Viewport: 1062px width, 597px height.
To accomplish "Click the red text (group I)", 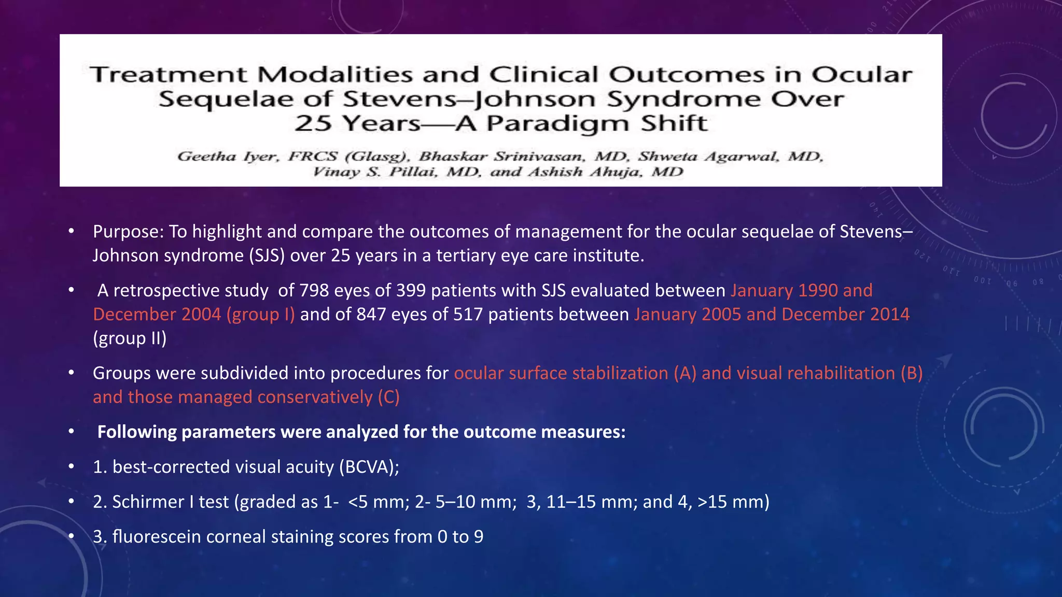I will [x=260, y=315].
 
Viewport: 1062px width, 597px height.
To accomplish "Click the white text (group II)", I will [x=130, y=338].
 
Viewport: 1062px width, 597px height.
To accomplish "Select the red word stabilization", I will [x=620, y=373].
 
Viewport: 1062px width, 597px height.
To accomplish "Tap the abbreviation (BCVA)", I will [x=369, y=467].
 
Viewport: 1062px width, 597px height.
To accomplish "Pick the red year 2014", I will [x=890, y=315].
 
